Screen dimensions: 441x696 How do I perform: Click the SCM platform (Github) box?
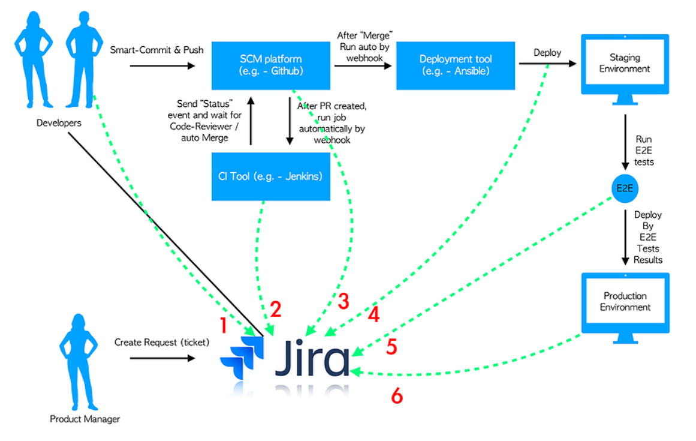[270, 65]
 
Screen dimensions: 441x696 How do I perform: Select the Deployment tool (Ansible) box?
[456, 65]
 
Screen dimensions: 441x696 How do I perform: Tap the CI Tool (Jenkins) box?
[270, 176]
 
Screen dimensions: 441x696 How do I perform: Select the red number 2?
[276, 308]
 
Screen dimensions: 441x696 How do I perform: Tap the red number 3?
[343, 301]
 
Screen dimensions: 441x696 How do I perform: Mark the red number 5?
[391, 347]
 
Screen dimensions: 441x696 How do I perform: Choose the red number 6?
[397, 396]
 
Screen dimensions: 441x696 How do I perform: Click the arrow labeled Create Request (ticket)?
[162, 358]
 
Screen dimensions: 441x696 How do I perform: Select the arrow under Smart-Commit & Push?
[162, 65]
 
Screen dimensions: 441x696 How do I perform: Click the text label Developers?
[59, 123]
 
